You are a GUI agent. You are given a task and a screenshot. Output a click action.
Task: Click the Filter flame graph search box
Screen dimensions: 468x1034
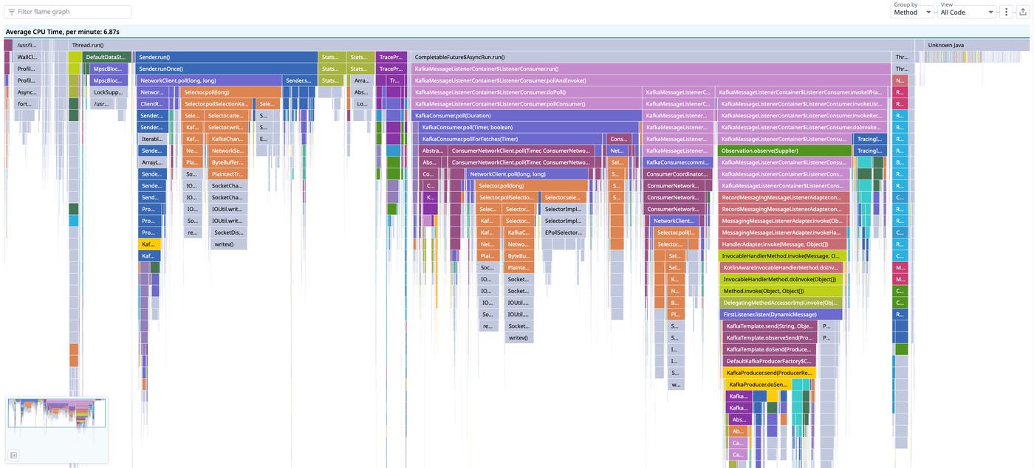click(68, 12)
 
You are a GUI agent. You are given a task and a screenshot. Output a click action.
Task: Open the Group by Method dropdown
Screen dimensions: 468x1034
click(913, 12)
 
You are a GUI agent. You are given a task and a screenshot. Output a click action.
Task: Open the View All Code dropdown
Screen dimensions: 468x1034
click(967, 12)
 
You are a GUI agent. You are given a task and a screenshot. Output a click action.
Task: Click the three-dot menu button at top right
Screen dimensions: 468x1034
click(1006, 12)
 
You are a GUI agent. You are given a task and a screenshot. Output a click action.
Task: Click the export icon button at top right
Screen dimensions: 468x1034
click(1022, 12)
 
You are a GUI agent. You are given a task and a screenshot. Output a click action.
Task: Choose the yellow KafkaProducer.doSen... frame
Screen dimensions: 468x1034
click(758, 385)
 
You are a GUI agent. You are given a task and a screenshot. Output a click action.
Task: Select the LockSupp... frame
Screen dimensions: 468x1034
click(109, 92)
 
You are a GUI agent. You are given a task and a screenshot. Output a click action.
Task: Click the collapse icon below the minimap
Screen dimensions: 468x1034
click(13, 455)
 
